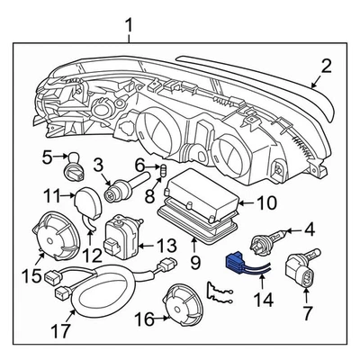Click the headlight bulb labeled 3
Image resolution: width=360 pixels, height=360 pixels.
(x=120, y=191)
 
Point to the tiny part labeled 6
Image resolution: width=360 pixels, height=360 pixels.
(x=164, y=169)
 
